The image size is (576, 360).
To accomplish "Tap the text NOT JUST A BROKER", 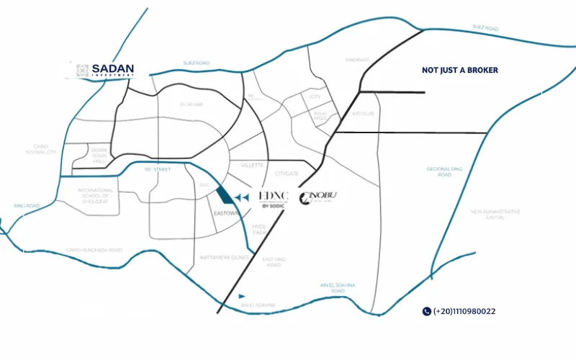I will click(x=459, y=71).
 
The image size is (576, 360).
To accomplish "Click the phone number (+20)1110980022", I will click(x=464, y=312).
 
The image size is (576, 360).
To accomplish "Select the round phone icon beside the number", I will click(x=426, y=312).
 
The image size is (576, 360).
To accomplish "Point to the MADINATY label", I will click(x=357, y=60).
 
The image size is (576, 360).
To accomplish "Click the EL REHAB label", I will click(x=193, y=104).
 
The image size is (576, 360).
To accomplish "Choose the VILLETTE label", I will click(x=252, y=165).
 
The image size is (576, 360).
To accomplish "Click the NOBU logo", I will click(x=318, y=197).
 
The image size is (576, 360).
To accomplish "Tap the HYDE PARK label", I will click(x=259, y=229).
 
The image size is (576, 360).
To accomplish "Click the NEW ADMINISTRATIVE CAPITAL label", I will click(x=495, y=215).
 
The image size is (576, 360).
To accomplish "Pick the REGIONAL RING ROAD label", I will click(x=439, y=171).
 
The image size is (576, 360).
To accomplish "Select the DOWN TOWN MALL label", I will click(x=99, y=156).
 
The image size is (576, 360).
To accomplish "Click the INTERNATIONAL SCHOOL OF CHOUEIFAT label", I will click(x=95, y=196).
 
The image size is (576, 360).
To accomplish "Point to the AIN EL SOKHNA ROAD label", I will click(x=338, y=288).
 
